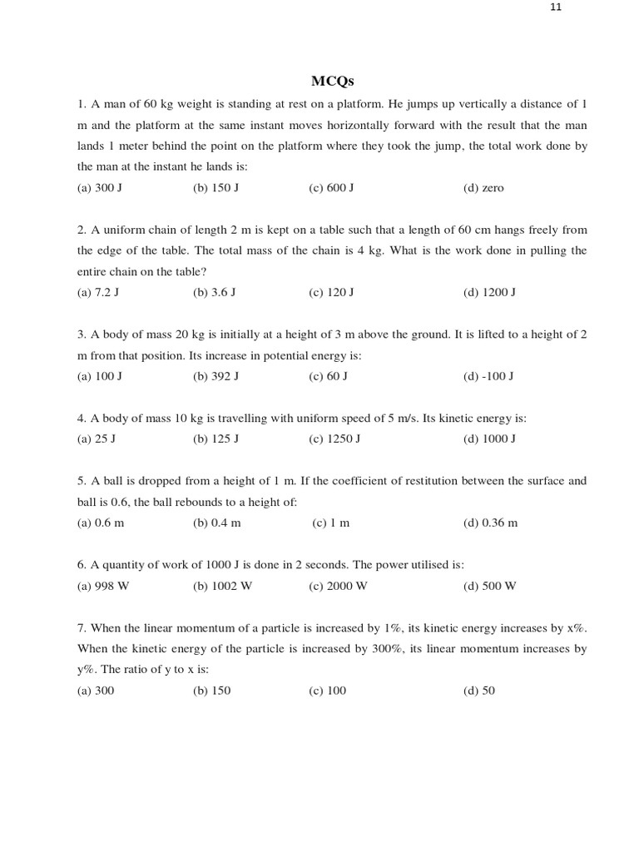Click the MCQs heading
(x=332, y=81)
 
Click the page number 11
(x=557, y=7)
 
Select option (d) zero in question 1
(x=483, y=188)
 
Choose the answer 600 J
(x=331, y=188)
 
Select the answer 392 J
(x=215, y=377)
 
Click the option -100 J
(x=488, y=377)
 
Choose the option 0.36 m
(x=490, y=523)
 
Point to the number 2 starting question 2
(x=81, y=230)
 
